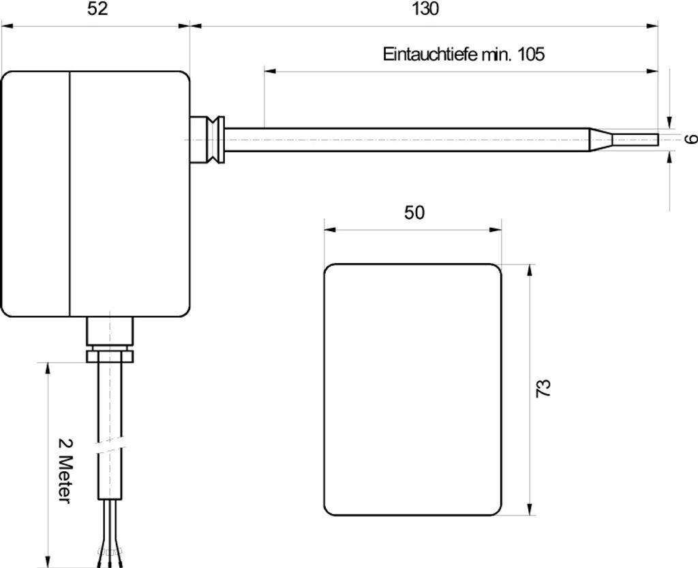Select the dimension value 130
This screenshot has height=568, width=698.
426,9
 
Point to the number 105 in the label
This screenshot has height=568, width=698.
531,55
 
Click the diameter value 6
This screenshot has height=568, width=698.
691,139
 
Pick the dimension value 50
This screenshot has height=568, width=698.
414,213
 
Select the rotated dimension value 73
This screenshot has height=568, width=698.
543,388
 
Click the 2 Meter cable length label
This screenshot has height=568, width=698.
64,470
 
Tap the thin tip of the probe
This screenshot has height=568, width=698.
635,139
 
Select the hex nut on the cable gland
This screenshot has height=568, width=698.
109,355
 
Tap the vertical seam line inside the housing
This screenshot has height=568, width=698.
70,194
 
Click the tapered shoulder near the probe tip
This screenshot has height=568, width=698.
601,139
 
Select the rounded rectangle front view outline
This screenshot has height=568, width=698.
412,389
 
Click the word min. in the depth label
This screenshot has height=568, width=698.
498,55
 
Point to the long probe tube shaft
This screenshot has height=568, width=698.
409,139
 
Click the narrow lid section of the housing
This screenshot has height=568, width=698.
36,194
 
